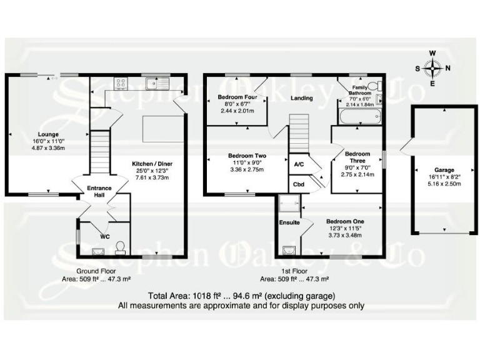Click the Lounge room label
point(48,134)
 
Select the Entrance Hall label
point(100,191)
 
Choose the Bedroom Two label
point(247,155)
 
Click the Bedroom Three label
point(357,157)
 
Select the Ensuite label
point(290,222)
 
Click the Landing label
point(302,98)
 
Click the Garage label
point(444,170)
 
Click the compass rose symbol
point(432,67)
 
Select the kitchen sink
point(152,82)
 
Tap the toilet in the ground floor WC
point(120,248)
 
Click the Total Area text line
point(242,295)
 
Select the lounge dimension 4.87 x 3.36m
point(47,149)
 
